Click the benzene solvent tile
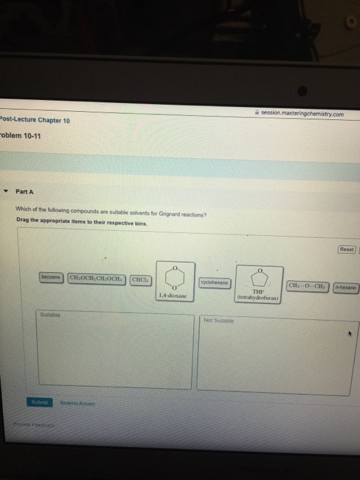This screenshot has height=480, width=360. (x=51, y=277)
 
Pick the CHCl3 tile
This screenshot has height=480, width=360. (x=140, y=278)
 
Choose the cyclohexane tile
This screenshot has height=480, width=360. (x=215, y=282)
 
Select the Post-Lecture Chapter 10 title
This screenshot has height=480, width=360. (x=35, y=120)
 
